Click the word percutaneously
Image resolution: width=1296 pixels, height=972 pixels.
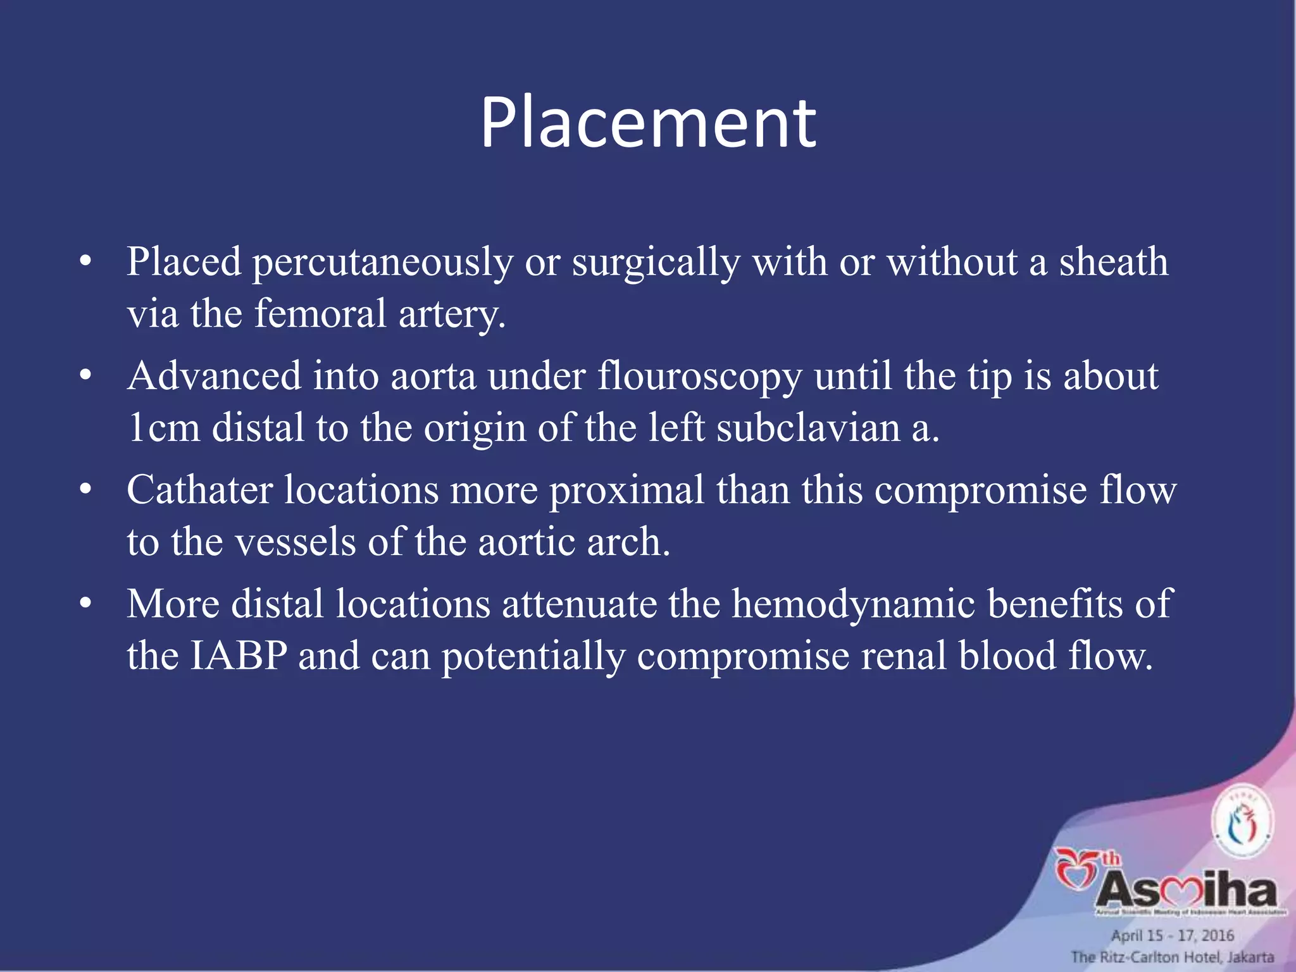coord(382,263)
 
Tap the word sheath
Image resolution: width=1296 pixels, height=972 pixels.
coord(1113,261)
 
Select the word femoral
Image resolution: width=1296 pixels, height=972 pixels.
coord(320,314)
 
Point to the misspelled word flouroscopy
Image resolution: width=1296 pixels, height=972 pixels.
coord(699,377)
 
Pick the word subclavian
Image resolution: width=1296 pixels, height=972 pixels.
coord(808,428)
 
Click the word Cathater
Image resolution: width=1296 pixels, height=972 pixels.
coord(199,490)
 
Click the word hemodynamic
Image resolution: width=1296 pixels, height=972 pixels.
coord(853,605)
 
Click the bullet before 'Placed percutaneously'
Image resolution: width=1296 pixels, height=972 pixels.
coord(86,263)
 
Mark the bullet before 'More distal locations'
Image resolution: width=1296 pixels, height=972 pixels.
coord(86,604)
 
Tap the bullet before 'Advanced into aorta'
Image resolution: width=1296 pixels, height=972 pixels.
coord(86,377)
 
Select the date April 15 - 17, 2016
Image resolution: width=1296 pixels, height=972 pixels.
coord(1172,935)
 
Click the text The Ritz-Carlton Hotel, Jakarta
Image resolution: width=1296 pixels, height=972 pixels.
coord(1172,957)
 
